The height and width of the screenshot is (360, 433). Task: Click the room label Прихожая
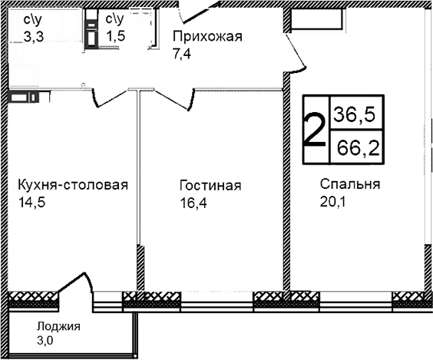tap(207, 37)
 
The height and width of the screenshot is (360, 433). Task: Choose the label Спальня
tap(350, 185)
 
